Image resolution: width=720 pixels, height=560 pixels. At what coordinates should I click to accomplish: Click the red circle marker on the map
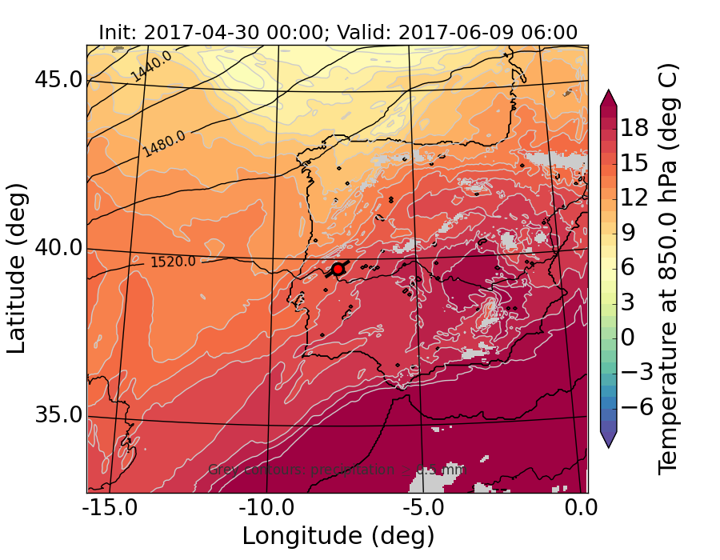pyautogui.click(x=338, y=269)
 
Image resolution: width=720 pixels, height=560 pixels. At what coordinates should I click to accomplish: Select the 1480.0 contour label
pyautogui.click(x=164, y=143)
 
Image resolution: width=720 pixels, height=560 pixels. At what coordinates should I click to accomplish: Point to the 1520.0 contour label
pyautogui.click(x=173, y=261)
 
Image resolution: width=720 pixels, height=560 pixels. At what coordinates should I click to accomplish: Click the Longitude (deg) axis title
pyautogui.click(x=338, y=535)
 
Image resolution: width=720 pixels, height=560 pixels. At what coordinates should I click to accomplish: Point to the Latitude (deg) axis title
pyautogui.click(x=18, y=268)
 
